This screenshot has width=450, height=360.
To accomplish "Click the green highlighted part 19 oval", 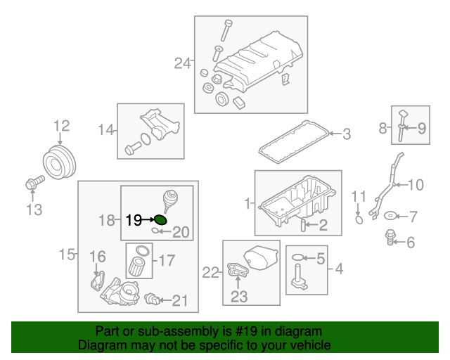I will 161,220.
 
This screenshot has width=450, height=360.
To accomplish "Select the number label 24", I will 182,64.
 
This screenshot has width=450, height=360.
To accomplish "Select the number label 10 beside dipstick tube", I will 416,186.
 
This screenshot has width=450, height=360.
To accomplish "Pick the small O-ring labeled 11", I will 358,219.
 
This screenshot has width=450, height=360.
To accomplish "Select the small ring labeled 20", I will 155,231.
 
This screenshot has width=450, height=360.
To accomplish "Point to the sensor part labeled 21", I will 150,300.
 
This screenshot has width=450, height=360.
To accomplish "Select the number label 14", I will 106,129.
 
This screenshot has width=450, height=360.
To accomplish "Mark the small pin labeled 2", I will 303,225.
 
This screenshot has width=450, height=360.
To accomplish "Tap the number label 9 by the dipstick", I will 422,128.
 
